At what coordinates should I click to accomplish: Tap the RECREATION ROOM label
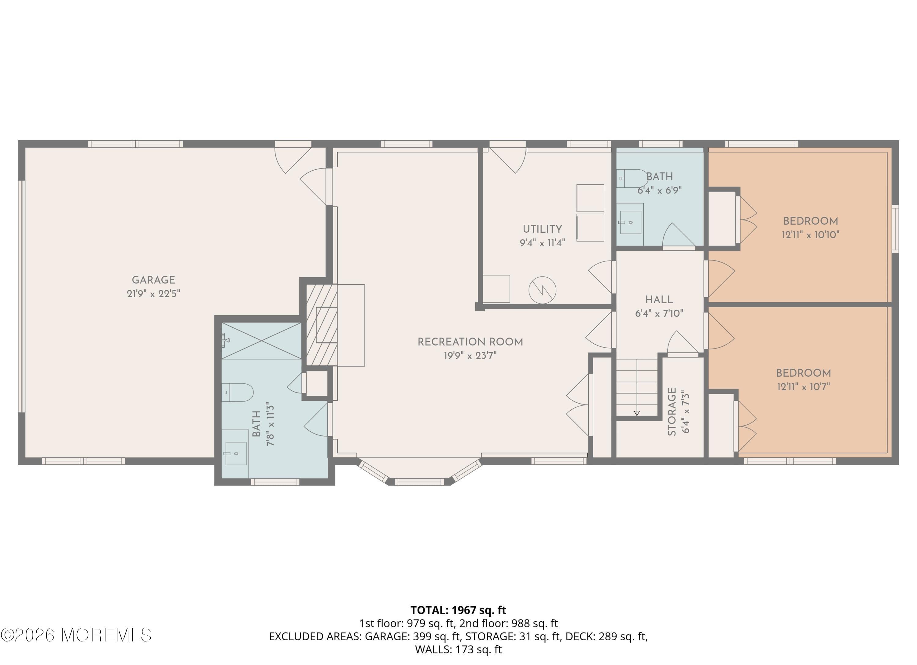coord(470,342)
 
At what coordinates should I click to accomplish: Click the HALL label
coord(659,300)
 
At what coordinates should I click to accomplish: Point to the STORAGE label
coord(672,411)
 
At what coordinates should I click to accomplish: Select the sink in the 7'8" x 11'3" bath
coord(236,453)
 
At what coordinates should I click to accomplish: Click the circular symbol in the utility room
coord(542,290)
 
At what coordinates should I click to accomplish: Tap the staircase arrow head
coord(636,413)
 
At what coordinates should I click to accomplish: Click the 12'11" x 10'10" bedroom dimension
coord(810,235)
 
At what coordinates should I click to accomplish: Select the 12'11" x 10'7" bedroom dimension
coord(803,387)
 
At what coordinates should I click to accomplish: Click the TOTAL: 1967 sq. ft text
coord(458,610)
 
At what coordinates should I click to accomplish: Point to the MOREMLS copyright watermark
coord(76,635)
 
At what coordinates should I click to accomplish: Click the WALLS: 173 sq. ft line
coord(458,650)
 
